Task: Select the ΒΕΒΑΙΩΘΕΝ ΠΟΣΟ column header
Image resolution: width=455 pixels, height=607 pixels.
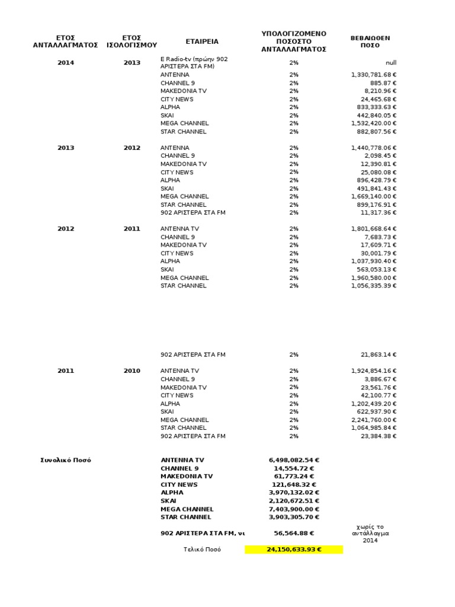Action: (x=370, y=41)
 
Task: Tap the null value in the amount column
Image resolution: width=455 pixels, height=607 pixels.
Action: (x=391, y=62)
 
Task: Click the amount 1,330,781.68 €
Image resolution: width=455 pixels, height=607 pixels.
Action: (x=374, y=75)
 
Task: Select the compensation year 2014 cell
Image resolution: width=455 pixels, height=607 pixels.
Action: (x=66, y=62)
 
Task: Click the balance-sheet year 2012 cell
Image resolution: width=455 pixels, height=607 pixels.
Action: (x=132, y=148)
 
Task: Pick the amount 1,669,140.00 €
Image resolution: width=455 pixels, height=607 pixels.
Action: (x=374, y=196)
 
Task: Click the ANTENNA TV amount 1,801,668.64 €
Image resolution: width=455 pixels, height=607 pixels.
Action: (x=374, y=229)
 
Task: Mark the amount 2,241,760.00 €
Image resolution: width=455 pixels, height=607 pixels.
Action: (x=374, y=420)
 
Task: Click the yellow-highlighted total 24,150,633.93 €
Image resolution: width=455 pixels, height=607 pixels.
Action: (x=294, y=550)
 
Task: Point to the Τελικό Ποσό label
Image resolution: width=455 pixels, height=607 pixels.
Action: (x=201, y=550)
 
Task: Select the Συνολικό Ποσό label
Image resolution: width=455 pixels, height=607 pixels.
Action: (x=66, y=460)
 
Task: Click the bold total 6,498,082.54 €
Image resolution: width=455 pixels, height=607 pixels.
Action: (x=294, y=460)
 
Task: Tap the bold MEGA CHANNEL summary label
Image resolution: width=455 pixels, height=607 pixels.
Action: (x=187, y=509)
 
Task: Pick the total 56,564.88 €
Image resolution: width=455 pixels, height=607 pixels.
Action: (x=294, y=533)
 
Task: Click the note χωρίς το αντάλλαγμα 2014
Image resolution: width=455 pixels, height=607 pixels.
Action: (x=370, y=533)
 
